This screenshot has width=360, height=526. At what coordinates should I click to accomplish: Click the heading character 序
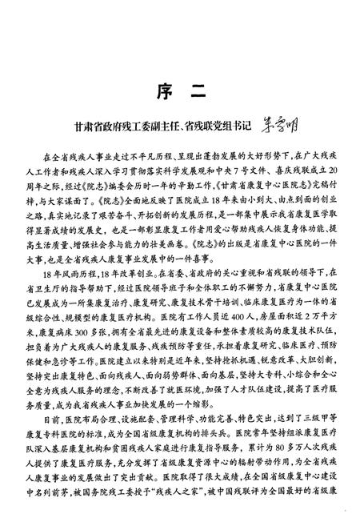pos(160,94)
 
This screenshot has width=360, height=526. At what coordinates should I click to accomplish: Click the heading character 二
pos(199,94)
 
